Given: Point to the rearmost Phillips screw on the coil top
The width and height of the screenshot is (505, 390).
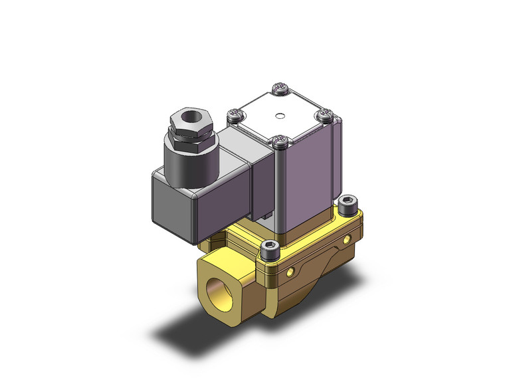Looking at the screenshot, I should point(279,88).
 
